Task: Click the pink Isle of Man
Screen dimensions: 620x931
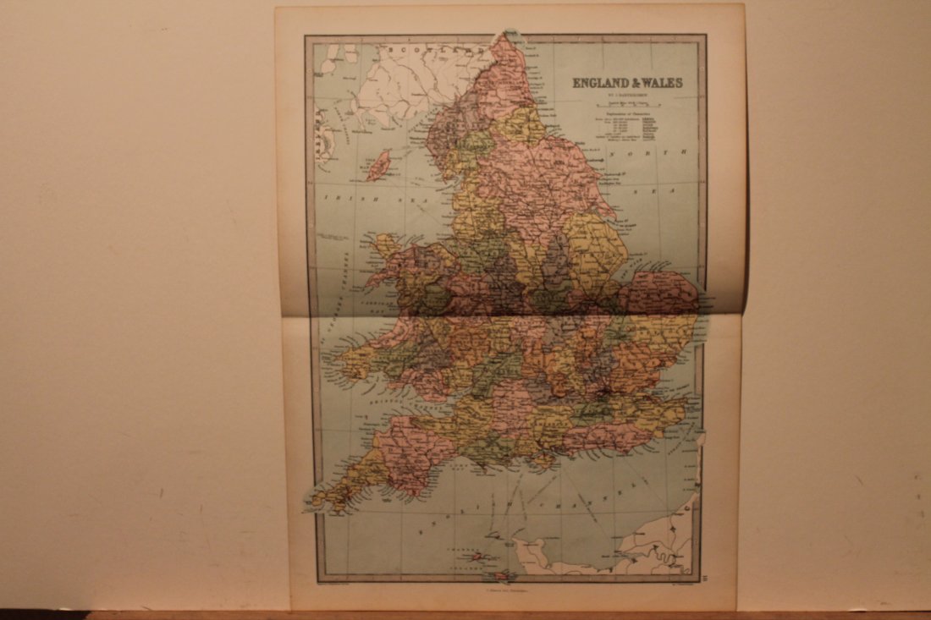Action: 378,165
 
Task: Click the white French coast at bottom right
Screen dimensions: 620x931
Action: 660,541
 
